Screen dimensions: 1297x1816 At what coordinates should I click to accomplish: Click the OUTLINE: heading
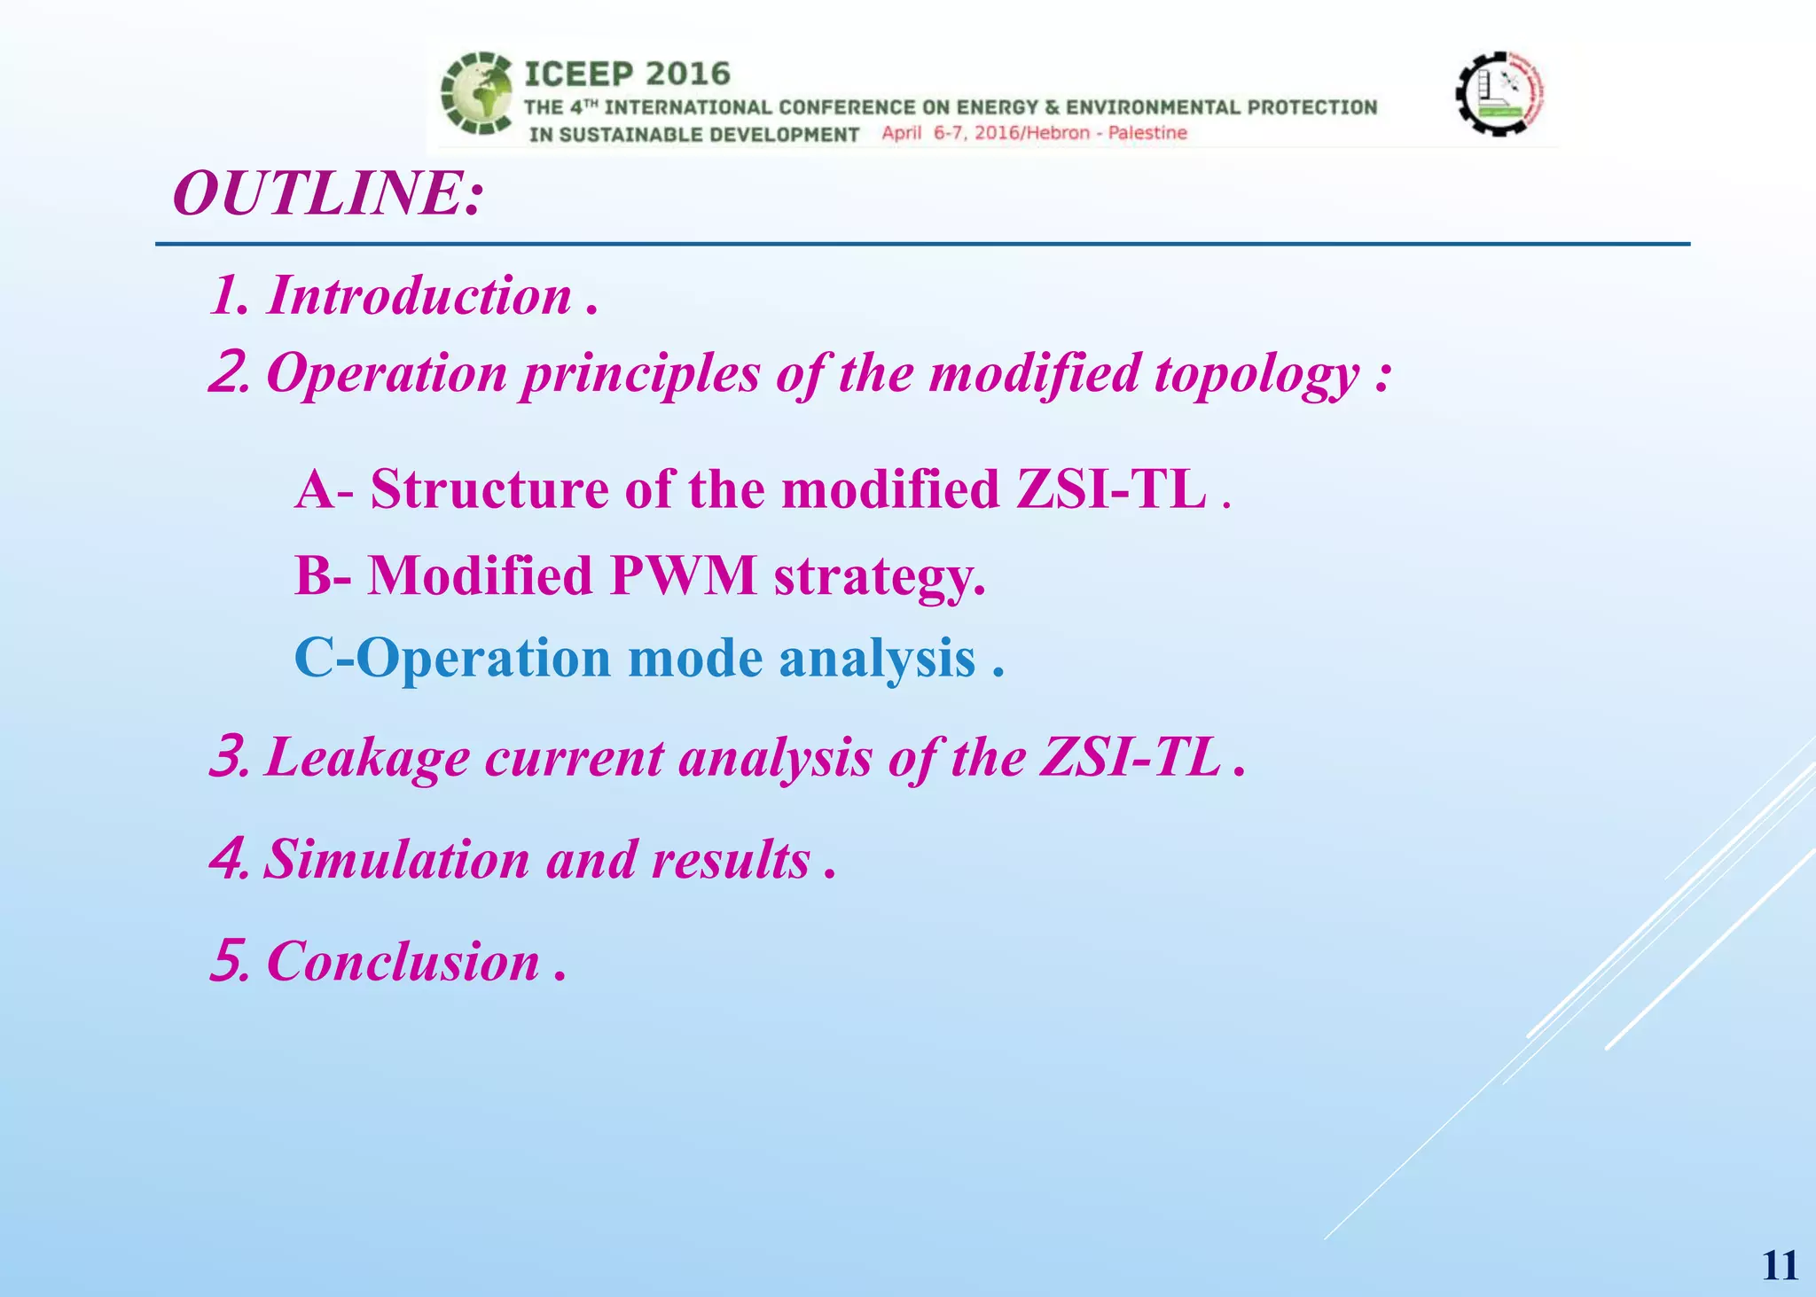click(x=329, y=193)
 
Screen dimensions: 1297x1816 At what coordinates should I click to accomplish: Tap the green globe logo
click(x=477, y=94)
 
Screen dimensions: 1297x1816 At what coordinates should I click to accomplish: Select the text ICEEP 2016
click(x=627, y=74)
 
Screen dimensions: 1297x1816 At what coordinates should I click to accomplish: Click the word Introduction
click(x=419, y=295)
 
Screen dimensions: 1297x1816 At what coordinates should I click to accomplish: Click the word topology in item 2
click(x=1257, y=373)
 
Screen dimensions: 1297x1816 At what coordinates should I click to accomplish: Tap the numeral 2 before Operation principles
click(x=227, y=373)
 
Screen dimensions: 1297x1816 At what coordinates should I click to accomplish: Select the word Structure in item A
click(x=489, y=488)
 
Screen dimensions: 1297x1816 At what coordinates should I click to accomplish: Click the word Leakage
click(x=366, y=759)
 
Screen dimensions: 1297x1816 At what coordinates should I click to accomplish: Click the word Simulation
click(x=396, y=860)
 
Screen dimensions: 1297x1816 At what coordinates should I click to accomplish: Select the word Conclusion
click(x=403, y=961)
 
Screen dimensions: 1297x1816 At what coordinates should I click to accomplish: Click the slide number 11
click(x=1779, y=1265)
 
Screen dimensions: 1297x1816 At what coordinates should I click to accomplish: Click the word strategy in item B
click(x=880, y=577)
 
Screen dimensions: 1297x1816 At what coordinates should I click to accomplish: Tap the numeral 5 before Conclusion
click(x=226, y=961)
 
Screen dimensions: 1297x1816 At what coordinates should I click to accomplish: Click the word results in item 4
click(x=730, y=860)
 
